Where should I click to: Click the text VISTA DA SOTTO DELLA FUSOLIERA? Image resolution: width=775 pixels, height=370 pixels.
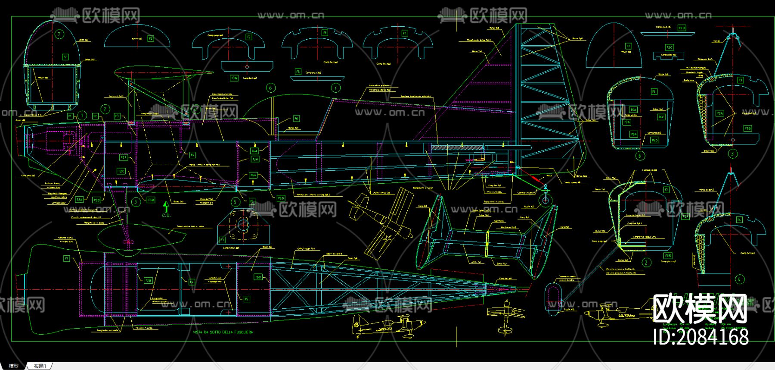coord(222,332)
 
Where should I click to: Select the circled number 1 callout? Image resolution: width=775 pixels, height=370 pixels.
coord(83,115)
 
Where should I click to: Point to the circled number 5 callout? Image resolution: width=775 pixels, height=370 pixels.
coord(235,201)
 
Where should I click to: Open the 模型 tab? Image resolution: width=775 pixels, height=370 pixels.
coord(14,366)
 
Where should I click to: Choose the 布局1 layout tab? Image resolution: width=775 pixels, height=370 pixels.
coord(39,366)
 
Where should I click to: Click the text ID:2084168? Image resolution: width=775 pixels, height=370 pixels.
coord(701,336)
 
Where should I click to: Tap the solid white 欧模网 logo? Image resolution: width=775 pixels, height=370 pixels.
coord(700,309)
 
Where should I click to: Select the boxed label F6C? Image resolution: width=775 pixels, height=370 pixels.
coord(661,117)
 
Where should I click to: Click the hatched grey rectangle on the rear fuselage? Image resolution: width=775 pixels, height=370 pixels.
coord(456,147)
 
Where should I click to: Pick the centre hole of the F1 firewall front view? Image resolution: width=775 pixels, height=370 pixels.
coord(243,225)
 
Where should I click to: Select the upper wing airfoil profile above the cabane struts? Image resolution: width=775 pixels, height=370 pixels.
coord(164,73)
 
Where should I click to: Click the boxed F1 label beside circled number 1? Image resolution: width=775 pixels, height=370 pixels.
coord(70,116)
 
